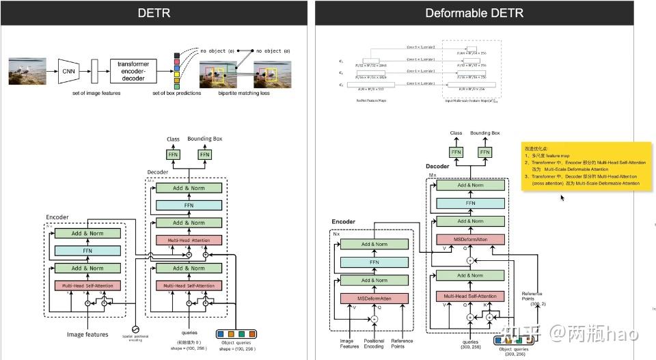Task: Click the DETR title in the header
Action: tap(154, 12)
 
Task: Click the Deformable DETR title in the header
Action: tap(474, 12)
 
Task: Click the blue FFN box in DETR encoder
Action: tap(87, 251)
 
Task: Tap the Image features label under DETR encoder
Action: tap(87, 335)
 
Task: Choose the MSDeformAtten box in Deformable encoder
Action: tap(374, 299)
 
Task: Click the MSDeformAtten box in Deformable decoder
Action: tap(470, 239)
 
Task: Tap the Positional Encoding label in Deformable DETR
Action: tap(375, 343)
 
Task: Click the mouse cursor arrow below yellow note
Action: tap(562, 198)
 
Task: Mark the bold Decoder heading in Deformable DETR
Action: tap(437, 166)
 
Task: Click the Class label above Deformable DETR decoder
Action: tap(456, 133)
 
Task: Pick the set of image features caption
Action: tap(96, 93)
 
